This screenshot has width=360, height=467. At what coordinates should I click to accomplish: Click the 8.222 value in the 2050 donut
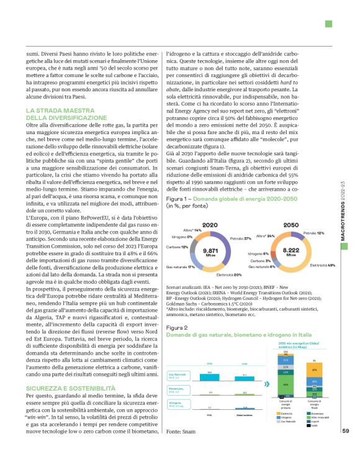coord(292,250)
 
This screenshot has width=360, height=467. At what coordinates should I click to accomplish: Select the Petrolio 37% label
coord(240,238)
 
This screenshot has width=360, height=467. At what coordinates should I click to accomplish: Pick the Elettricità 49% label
coord(323,265)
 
